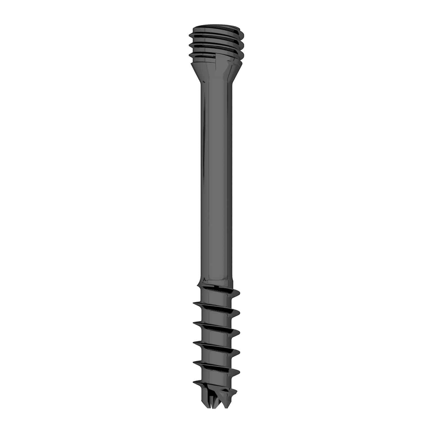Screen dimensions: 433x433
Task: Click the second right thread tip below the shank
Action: click(x=240, y=312)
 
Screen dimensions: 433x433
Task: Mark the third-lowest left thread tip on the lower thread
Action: click(x=193, y=342)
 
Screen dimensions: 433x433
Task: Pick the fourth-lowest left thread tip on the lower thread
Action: click(x=193, y=323)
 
